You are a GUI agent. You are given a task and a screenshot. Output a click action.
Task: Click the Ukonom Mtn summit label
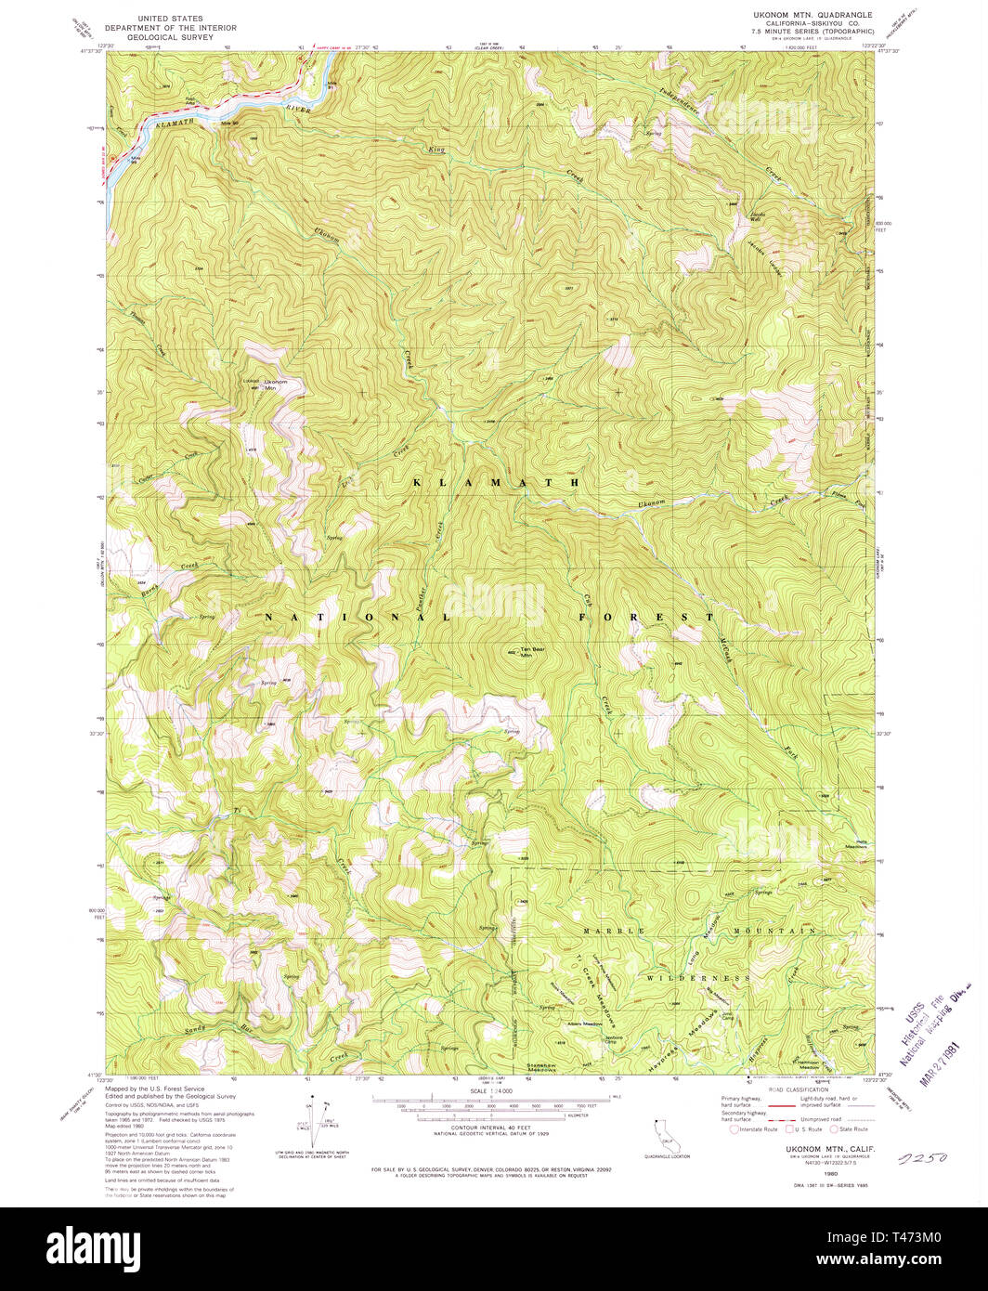(276, 384)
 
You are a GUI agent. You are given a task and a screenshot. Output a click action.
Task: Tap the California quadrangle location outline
(666, 1134)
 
